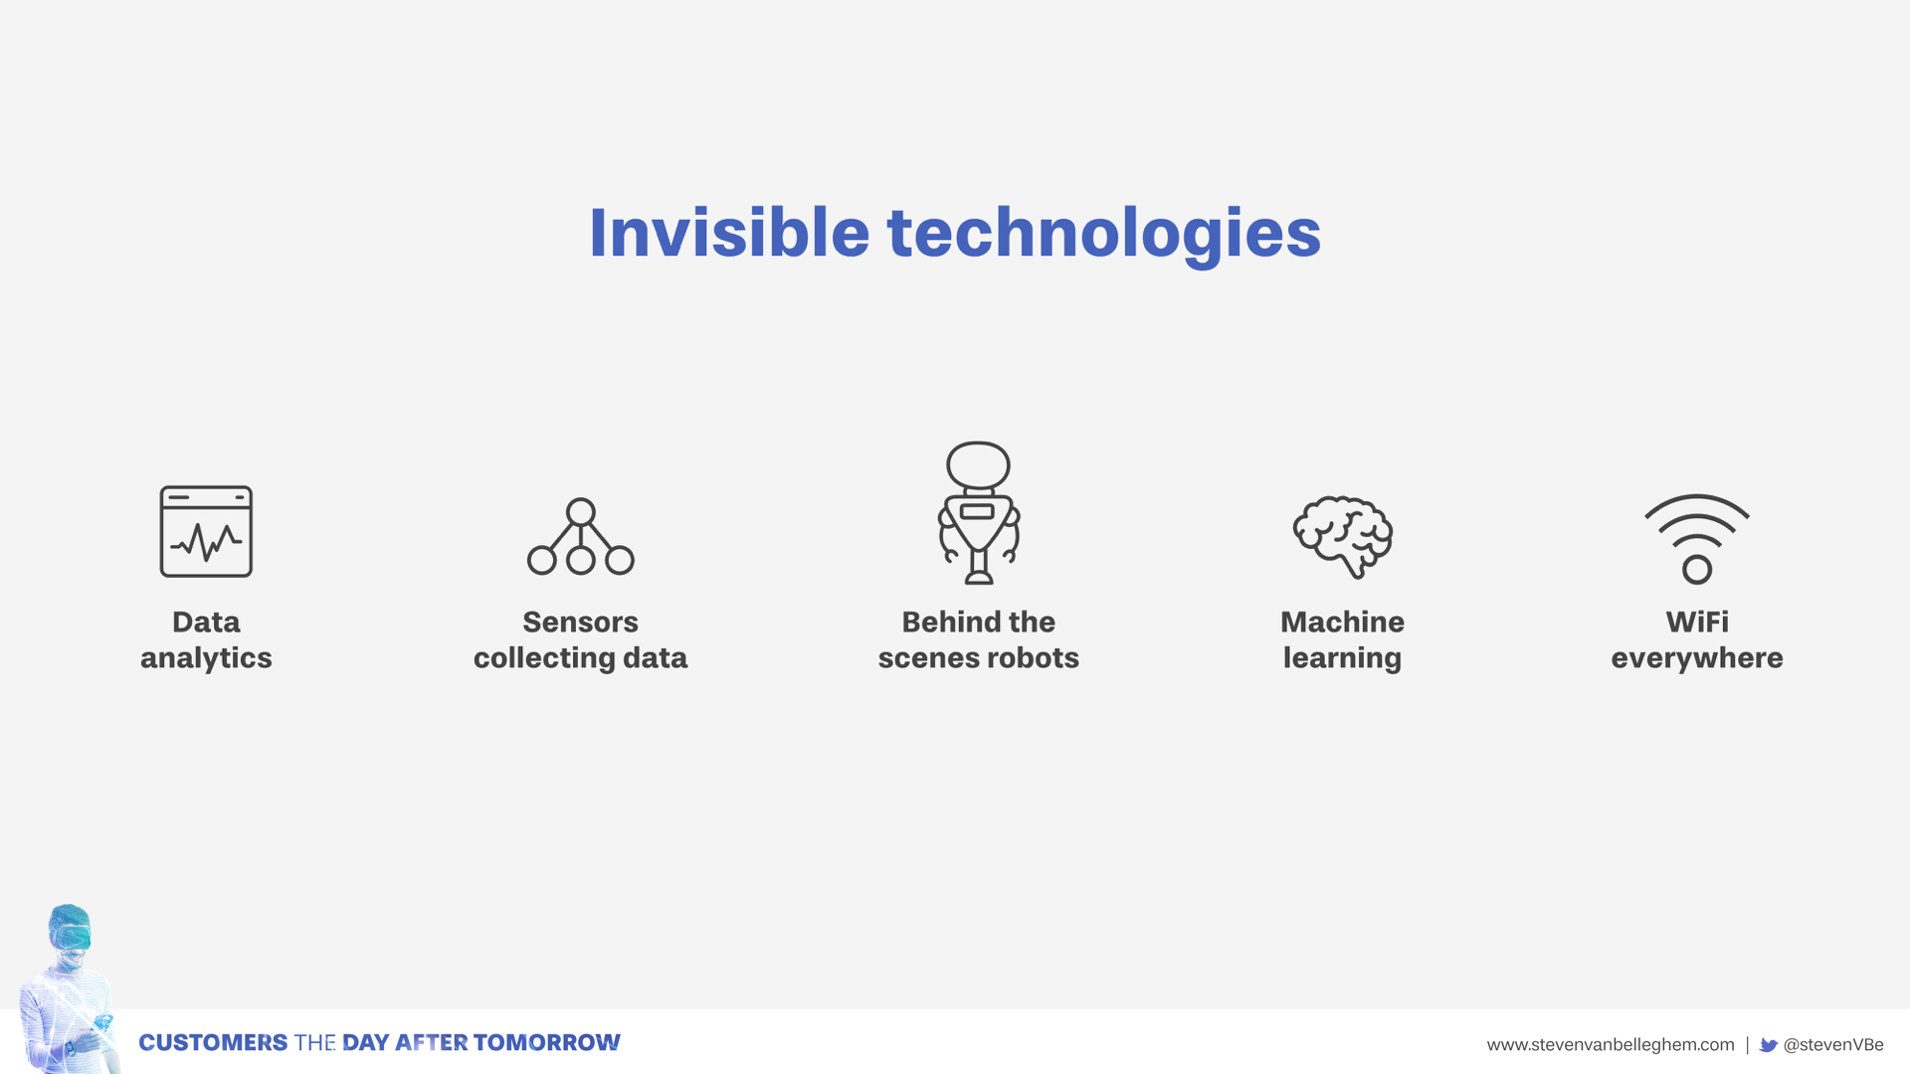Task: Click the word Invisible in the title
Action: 729,233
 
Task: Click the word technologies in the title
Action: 1103,235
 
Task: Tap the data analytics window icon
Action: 206,531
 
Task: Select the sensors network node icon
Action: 580,538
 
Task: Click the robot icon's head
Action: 978,465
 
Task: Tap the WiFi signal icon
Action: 1696,538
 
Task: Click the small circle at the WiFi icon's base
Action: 1696,570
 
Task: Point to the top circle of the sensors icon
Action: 580,512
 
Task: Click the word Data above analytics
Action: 206,623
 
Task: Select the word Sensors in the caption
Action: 580,623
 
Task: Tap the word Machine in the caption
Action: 1342,623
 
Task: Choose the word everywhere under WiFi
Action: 1696,658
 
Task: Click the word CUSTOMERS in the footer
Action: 213,1043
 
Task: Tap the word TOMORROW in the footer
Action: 546,1043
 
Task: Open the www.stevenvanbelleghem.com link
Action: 1610,1045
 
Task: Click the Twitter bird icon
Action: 1768,1045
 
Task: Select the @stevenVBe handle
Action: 1832,1045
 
